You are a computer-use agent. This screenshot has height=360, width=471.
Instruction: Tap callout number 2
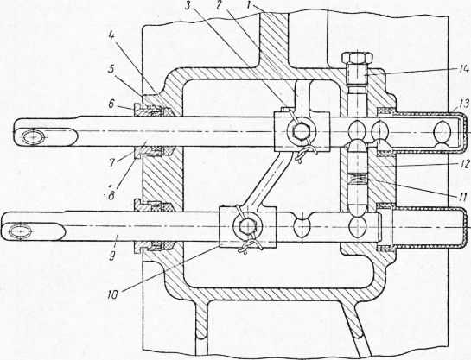(220, 6)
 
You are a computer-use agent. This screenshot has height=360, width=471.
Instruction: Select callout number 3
(188, 6)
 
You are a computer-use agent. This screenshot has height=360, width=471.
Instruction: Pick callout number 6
(111, 106)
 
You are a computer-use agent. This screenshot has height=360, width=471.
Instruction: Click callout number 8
(111, 196)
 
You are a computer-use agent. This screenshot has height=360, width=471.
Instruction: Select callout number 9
(112, 256)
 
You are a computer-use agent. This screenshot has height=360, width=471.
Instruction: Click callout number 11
(463, 197)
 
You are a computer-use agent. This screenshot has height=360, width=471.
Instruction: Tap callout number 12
(462, 163)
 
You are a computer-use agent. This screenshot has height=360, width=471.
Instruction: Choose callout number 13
(463, 104)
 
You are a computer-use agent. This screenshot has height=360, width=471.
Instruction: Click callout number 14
(463, 69)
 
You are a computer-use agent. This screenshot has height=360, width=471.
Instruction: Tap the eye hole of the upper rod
(35, 137)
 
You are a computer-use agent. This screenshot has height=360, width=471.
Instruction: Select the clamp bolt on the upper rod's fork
(301, 132)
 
